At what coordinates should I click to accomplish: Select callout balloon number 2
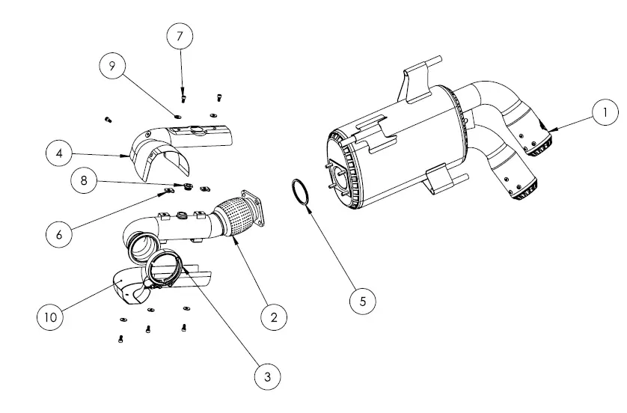pos(274,316)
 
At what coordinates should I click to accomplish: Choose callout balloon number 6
pos(59,233)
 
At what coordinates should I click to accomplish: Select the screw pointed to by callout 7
pos(183,97)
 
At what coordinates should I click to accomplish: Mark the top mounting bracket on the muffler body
pos(415,82)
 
